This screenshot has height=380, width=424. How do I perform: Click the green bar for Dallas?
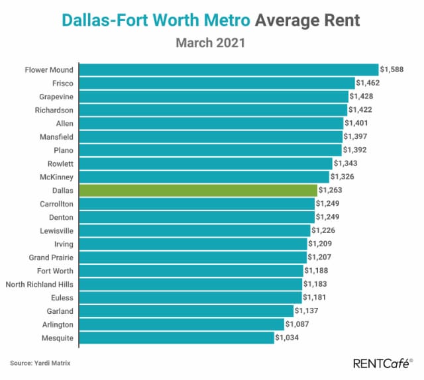tap(198, 191)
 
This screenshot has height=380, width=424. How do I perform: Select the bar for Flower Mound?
tap(229, 70)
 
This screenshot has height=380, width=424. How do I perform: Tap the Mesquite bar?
tap(177, 338)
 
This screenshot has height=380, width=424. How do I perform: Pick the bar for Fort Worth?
tap(191, 271)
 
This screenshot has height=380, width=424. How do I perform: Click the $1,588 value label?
tap(392, 70)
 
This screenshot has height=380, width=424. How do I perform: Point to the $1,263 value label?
tap(330, 190)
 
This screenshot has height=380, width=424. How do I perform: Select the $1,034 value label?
tap(287, 337)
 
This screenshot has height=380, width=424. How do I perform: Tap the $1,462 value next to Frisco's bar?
tap(368, 83)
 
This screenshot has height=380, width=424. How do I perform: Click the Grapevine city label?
tap(56, 97)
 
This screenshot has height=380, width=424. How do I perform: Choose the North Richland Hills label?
tap(40, 284)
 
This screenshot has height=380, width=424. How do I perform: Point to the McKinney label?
tap(56, 177)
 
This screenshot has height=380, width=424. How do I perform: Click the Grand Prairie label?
tap(51, 258)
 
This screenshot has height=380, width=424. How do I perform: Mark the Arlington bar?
tap(182, 324)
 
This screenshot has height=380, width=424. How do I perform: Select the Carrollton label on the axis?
tap(56, 204)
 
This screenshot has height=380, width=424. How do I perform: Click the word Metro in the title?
tap(227, 21)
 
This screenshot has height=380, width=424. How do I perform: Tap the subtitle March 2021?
tap(211, 43)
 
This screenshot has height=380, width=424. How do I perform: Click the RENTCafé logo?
tap(383, 363)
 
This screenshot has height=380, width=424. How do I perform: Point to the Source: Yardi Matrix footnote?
tap(40, 363)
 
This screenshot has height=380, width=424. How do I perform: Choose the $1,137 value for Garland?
tap(306, 310)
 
